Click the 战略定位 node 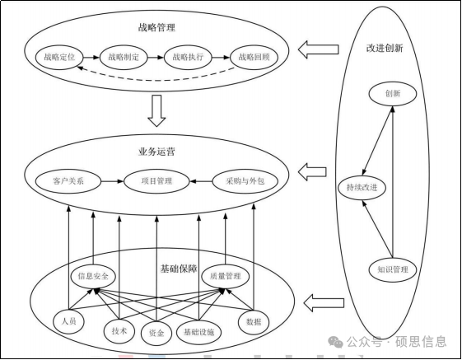click(59, 57)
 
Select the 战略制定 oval click(124, 57)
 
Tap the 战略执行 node click(188, 57)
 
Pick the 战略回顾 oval click(254, 57)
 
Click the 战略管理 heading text click(156, 27)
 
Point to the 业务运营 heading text click(156, 152)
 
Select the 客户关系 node click(68, 181)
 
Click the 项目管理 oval click(156, 181)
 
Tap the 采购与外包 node click(245, 181)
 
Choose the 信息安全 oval click(93, 276)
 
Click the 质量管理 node click(226, 276)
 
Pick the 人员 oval click(68, 321)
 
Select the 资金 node click(156, 333)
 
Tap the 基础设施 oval click(199, 332)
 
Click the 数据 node click(254, 321)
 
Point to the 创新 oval click(393, 94)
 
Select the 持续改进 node click(362, 188)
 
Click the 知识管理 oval click(393, 269)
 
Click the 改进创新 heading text click(385, 48)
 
